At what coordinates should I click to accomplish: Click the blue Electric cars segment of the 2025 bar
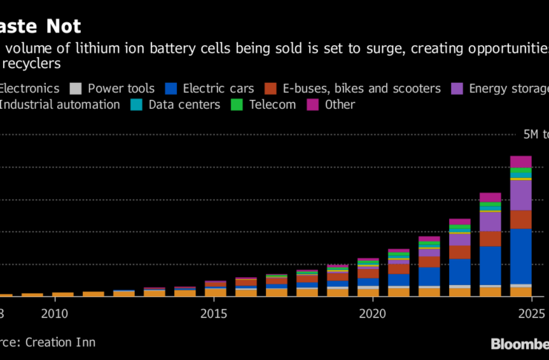point(521,256)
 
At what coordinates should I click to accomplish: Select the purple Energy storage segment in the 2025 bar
point(521,196)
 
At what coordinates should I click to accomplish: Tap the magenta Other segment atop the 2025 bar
point(521,161)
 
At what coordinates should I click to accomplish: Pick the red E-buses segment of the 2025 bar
point(521,219)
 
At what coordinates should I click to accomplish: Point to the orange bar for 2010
point(63,294)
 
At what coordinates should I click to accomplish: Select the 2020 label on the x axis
point(368,313)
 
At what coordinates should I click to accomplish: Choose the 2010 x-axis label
point(56,313)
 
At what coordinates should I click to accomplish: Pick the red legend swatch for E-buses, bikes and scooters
point(270,89)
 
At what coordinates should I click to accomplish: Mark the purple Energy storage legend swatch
point(456,89)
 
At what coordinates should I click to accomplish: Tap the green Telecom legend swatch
point(237,104)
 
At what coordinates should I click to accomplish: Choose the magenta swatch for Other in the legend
point(313,104)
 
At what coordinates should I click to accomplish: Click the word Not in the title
point(61,26)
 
